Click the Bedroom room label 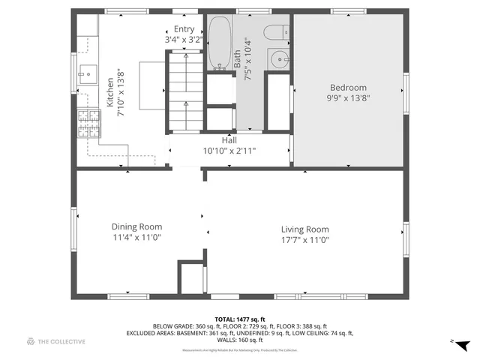coord(347,87)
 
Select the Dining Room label coord(136,226)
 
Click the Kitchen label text coord(110,93)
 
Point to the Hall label coord(229,140)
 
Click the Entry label coord(184,28)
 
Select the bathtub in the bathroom coord(219,43)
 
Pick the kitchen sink coord(87,73)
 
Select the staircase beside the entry coord(184,90)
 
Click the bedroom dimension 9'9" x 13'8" coord(347,97)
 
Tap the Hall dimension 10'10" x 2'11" coord(229,151)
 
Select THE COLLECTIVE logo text coord(61,342)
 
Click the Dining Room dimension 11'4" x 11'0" coord(136,237)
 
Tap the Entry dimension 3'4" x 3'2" coord(184,39)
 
